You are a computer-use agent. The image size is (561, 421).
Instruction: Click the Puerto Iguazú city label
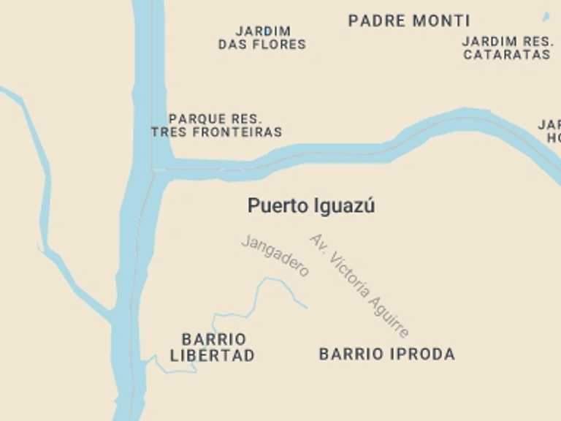(311, 206)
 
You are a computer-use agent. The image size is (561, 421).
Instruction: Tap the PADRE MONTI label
(409, 20)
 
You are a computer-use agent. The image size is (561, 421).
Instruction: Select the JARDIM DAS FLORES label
(262, 38)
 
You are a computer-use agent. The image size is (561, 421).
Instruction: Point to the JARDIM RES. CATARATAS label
(506, 48)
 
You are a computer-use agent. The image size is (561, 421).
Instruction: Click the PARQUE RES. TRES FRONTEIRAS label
(216, 126)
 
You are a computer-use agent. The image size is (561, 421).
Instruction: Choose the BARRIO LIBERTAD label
(213, 348)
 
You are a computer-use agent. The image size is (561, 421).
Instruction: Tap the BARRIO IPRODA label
(387, 354)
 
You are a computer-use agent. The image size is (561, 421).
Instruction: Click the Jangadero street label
(275, 256)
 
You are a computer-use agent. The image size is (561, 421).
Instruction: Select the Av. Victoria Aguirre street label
(359, 285)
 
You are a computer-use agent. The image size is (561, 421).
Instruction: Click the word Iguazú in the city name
(344, 206)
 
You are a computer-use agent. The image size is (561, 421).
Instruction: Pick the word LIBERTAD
(213, 357)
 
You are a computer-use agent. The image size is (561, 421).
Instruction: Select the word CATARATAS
(506, 55)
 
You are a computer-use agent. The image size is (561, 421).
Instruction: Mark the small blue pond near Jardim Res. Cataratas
(546, 17)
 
